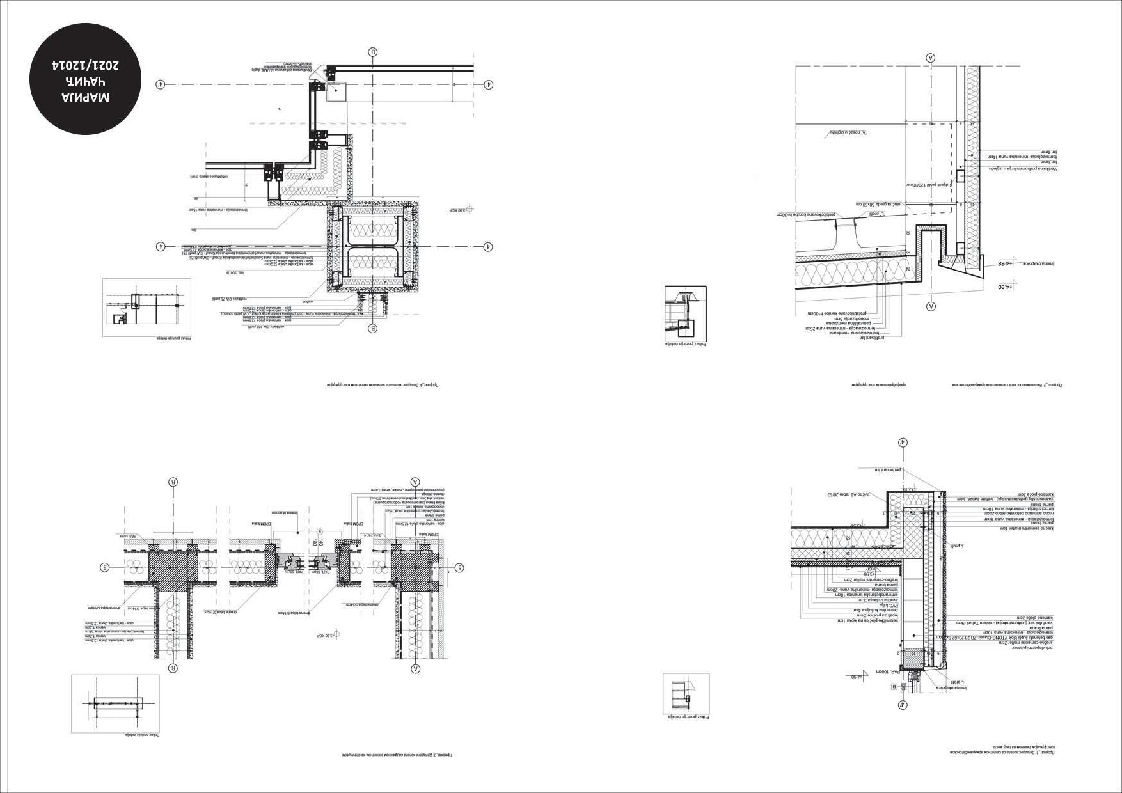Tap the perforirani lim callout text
coord(888,470)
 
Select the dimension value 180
coord(314,543)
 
